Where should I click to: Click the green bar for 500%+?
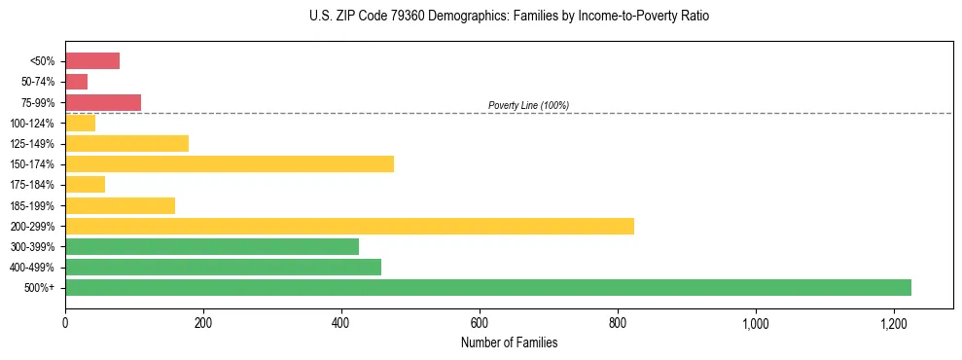coord(488,287)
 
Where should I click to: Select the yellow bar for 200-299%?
coord(349,226)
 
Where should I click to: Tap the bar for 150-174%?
coord(230,163)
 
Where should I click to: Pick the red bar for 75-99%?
coord(103,102)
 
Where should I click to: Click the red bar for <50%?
coord(92,61)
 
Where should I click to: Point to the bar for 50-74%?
coord(77,82)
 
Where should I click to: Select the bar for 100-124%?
coord(81,123)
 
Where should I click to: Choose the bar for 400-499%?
coord(223,267)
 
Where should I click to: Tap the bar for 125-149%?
coord(126,143)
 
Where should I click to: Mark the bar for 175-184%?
coord(86,184)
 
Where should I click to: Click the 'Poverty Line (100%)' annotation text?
coord(528,105)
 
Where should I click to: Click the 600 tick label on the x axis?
coord(480,323)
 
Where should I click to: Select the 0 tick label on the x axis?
coord(65,323)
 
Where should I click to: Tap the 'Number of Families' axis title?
coord(509,342)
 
